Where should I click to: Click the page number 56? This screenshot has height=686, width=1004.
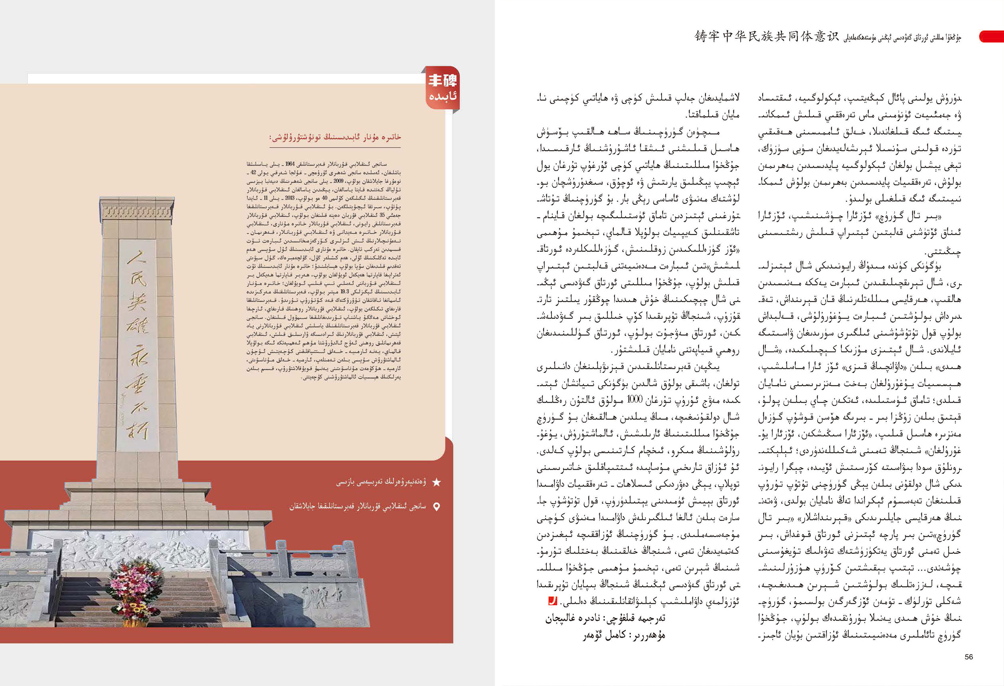pos(968,656)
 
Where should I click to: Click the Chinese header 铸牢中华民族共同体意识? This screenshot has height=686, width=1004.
pos(767,36)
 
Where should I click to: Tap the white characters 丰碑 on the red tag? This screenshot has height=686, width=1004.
pos(443,80)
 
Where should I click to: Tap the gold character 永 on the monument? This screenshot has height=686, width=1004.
pos(137,356)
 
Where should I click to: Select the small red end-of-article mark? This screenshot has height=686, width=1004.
pos(552,601)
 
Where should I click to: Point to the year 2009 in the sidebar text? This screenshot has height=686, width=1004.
pos(338,182)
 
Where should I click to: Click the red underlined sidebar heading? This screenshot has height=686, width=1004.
pos(335,137)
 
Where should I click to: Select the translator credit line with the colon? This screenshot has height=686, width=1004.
pos(605,619)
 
